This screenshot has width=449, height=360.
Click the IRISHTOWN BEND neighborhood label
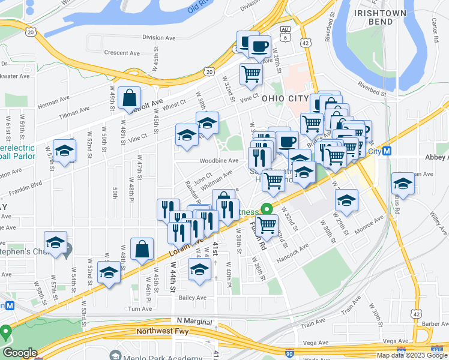pos(381,17)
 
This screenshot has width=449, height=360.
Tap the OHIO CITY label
pos(285,98)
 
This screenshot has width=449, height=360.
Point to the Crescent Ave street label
pos(122,53)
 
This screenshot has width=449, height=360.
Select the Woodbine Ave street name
pos(219,161)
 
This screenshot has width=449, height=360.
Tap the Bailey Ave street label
pos(192,297)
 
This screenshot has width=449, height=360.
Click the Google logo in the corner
pos(19,353)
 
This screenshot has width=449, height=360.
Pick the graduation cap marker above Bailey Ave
pos(200,269)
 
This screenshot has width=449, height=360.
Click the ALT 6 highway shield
pos(285,34)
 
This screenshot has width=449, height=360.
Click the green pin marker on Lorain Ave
pos(265,210)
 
